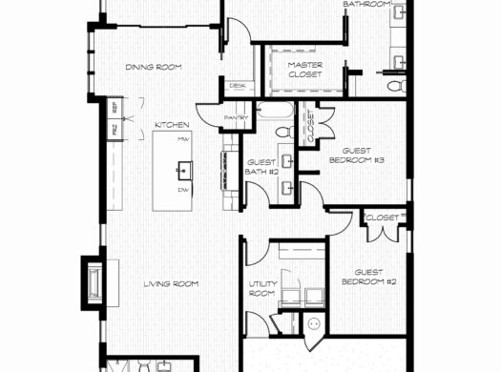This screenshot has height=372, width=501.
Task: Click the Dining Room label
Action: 154,67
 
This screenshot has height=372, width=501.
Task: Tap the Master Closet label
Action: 305,71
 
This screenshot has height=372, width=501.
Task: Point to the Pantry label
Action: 237,118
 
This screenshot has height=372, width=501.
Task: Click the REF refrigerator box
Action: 115,107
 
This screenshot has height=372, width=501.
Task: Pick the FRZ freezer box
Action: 115,127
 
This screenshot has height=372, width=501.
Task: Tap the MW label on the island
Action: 182,140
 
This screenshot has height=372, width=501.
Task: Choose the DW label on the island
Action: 183,190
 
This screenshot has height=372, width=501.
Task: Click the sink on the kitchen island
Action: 183,170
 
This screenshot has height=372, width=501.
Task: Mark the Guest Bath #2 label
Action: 261,169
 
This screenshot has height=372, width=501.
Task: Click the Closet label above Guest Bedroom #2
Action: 381,218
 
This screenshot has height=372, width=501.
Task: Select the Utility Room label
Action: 261,289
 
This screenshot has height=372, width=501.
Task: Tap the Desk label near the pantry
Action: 237,87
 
